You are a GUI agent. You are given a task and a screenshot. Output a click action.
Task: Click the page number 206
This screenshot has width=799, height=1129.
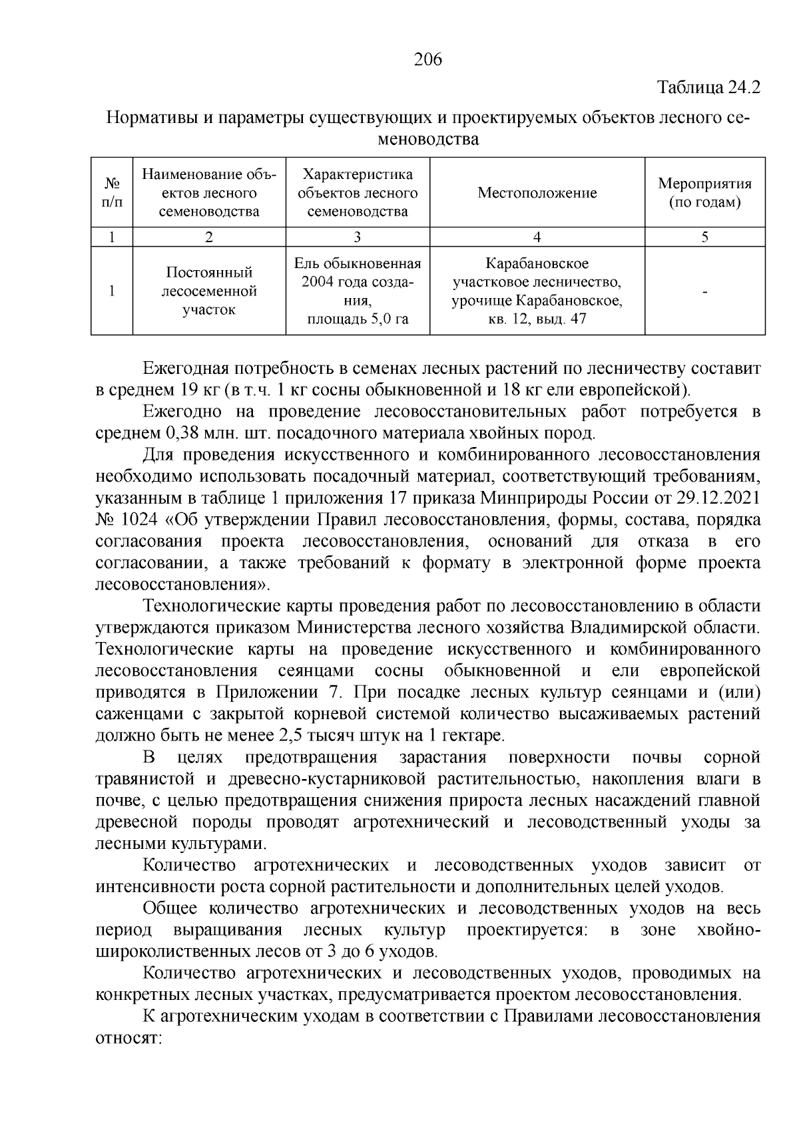click(x=427, y=60)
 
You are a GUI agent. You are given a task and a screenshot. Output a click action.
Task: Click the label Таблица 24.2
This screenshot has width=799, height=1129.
click(x=708, y=87)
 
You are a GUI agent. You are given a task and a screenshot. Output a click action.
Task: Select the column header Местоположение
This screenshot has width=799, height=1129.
click(x=537, y=193)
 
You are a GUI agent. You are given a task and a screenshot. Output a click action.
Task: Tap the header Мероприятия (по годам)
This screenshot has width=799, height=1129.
click(x=704, y=193)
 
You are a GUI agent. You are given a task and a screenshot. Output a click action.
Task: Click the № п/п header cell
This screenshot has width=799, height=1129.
click(x=112, y=193)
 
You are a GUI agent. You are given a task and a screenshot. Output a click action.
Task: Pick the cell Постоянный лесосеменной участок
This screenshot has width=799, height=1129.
click(x=209, y=291)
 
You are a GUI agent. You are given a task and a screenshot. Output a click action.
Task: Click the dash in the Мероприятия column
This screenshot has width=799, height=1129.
click(x=704, y=291)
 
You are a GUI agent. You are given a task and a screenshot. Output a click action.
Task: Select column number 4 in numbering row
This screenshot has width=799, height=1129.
click(x=537, y=238)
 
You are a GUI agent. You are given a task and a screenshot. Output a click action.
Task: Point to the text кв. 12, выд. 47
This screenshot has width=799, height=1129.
click(x=537, y=319)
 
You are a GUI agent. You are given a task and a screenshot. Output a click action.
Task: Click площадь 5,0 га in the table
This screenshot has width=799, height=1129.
click(x=358, y=319)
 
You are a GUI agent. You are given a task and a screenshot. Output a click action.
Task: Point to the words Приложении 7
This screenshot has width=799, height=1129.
click(x=278, y=692)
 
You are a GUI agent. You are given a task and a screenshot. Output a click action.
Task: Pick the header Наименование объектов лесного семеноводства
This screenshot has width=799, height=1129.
click(x=209, y=193)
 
